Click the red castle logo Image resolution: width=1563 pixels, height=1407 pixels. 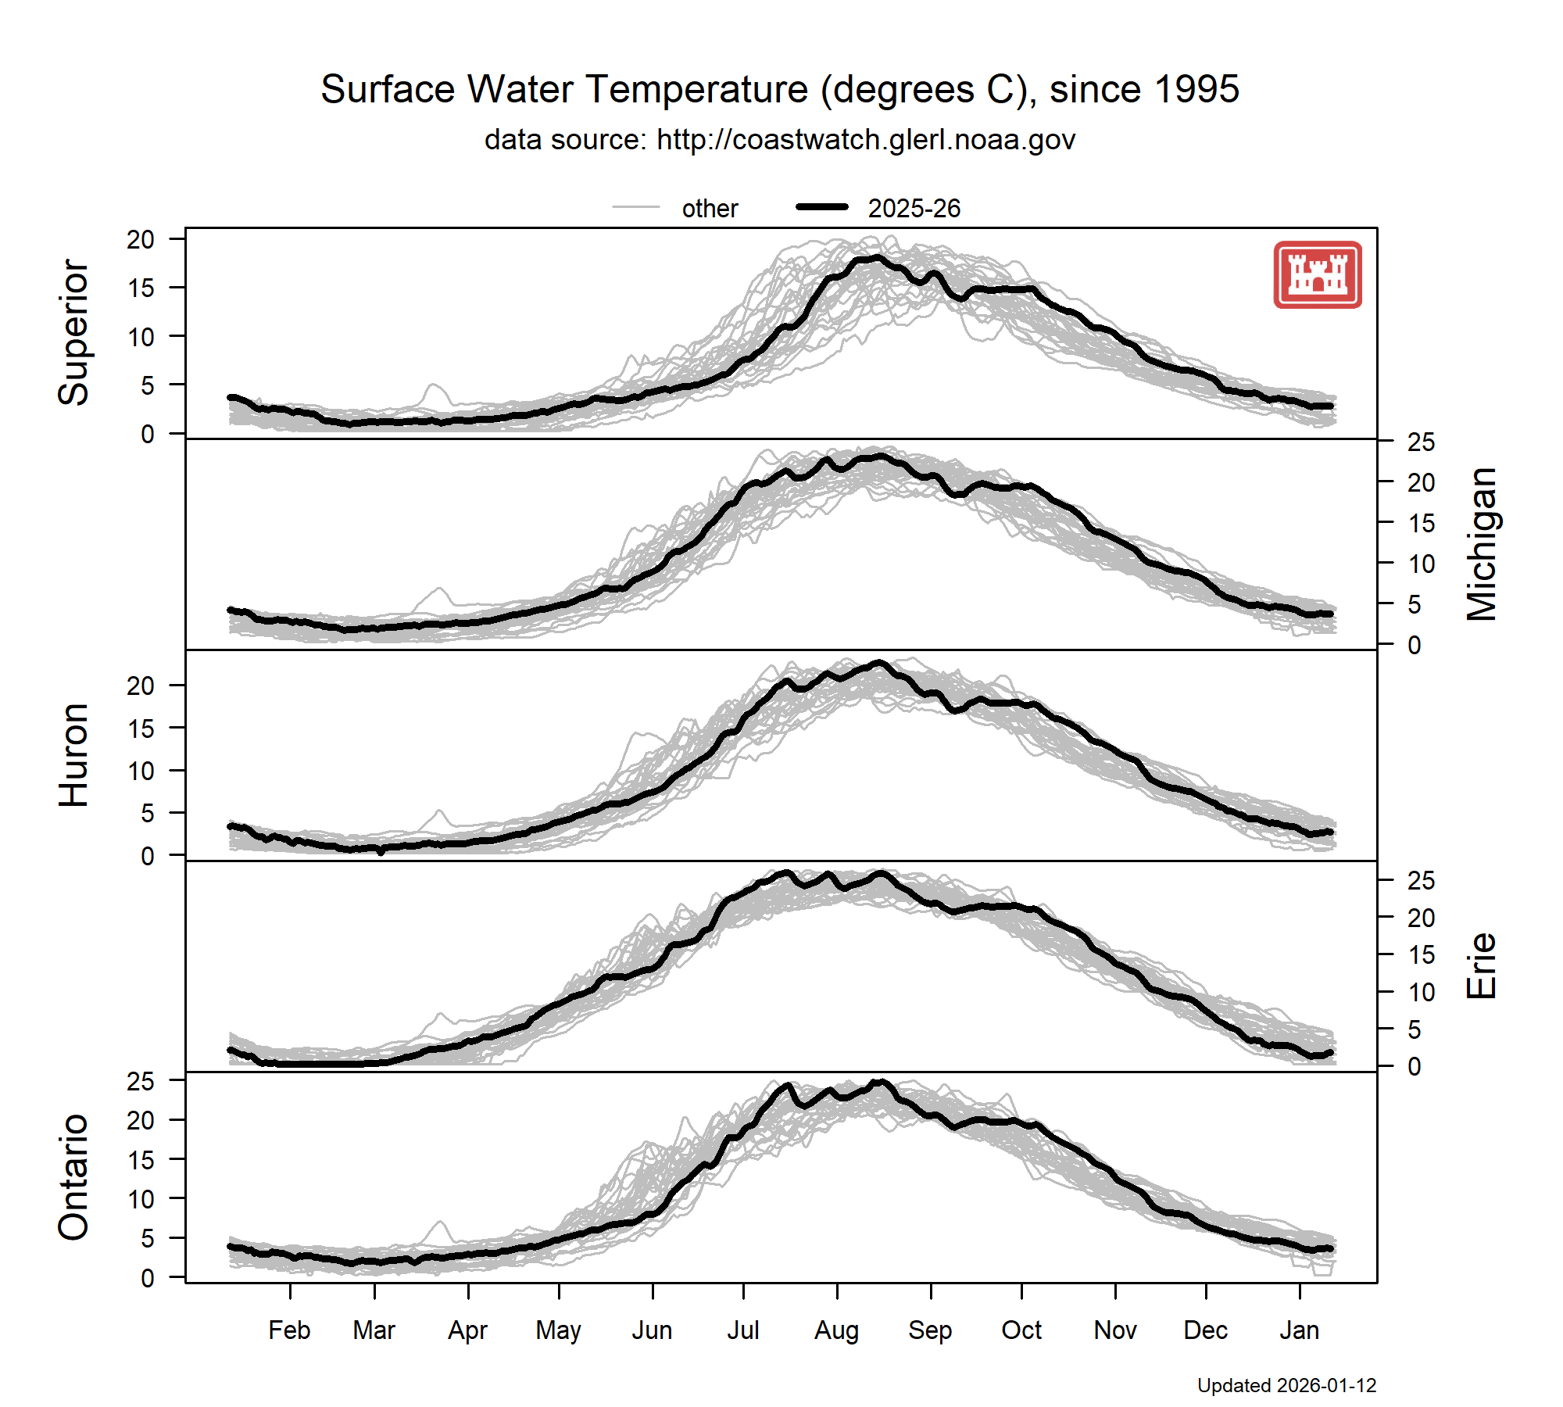click(1318, 274)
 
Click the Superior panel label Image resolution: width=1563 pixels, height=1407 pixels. click(74, 333)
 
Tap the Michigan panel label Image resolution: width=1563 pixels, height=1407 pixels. click(1482, 544)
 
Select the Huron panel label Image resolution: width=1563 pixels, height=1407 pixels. click(74, 755)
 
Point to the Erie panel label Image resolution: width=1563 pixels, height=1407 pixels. click(1482, 966)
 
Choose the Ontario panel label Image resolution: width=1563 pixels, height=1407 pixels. click(74, 1177)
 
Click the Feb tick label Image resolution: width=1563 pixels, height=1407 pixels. click(289, 1330)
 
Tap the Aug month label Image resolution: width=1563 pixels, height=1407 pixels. click(836, 1330)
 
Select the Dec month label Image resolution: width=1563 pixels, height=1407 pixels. click(1205, 1330)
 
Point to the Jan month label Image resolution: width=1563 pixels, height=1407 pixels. click(1299, 1330)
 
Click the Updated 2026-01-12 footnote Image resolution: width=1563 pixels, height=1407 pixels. click(1286, 1386)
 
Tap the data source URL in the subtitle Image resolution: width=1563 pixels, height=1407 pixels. click(866, 140)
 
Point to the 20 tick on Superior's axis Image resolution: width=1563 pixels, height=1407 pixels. click(141, 239)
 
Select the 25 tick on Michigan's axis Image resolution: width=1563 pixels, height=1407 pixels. click(1421, 442)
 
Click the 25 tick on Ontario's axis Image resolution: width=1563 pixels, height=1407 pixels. click(141, 1082)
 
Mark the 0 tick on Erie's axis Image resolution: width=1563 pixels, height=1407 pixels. click(1415, 1066)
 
